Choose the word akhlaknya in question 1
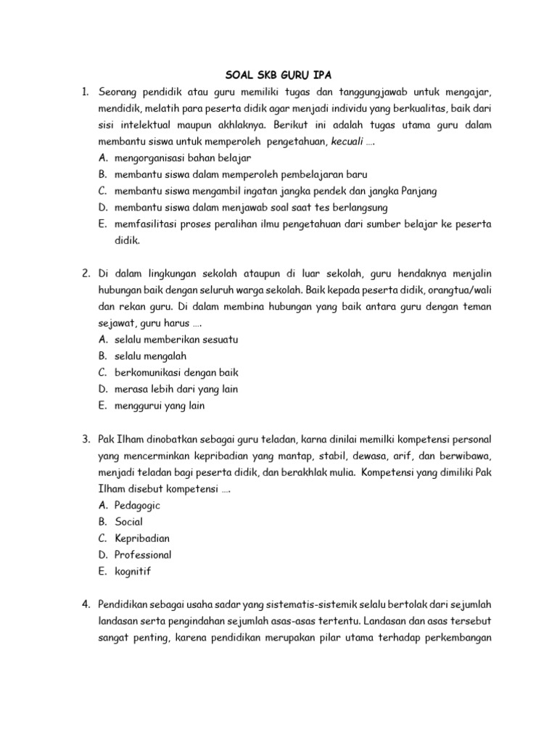pos(241,126)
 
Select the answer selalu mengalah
pos(150,356)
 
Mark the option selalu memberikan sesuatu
pos(176,340)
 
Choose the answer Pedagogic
pos(137,505)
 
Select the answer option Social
pos(128,522)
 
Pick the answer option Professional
pos(143,555)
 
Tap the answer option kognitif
pos(133,571)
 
